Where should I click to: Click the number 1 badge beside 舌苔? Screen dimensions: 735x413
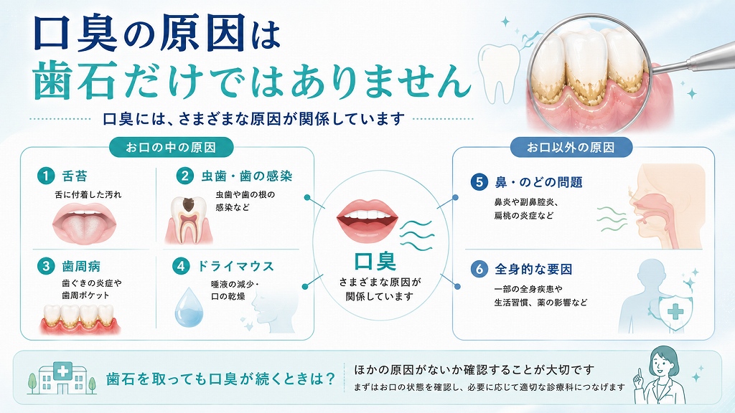point(46,176)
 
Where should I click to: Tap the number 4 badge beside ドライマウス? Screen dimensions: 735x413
point(181,266)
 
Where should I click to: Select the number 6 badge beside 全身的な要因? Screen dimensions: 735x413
point(479,270)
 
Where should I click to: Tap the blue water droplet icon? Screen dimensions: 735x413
point(189,307)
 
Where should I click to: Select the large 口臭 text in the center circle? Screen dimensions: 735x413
point(375,261)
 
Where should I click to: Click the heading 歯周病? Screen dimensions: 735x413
point(81,267)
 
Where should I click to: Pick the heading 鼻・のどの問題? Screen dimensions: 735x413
point(538,182)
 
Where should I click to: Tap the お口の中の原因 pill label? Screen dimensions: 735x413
point(171,148)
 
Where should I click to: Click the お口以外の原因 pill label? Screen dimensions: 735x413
point(571,148)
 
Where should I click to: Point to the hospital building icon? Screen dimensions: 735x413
point(62,377)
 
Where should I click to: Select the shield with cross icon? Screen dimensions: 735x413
point(675,311)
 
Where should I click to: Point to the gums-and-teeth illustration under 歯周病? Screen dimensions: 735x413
point(80,319)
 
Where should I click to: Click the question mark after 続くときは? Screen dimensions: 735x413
point(330,378)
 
